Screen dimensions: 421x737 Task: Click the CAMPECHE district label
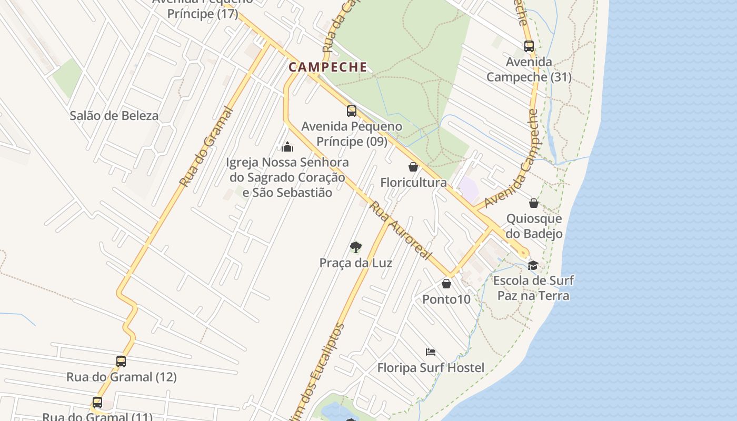point(327,67)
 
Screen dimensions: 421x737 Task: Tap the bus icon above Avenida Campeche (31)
point(529,46)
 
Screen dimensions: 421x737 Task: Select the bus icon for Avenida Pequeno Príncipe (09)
point(352,111)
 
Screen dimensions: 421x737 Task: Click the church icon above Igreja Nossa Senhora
point(287,146)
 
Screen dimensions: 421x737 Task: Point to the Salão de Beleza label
point(114,116)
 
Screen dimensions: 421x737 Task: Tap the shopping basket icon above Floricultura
point(413,167)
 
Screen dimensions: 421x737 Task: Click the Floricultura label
point(413,183)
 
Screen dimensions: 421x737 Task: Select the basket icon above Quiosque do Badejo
point(534,203)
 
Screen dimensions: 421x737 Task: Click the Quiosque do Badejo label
point(534,226)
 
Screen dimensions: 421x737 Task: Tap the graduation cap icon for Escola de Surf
point(533,265)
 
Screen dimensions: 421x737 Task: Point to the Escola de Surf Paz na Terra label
point(533,288)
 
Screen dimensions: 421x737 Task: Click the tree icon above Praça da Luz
point(356,247)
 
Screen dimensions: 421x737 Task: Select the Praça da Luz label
point(356,263)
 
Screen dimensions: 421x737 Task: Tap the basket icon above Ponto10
point(446,284)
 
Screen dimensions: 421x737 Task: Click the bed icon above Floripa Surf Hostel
point(431,352)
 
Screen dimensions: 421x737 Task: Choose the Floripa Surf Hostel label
point(431,367)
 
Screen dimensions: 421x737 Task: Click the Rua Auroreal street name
point(400,230)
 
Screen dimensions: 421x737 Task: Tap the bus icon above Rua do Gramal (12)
point(121,362)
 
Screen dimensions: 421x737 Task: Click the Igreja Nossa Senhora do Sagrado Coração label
point(287,177)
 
